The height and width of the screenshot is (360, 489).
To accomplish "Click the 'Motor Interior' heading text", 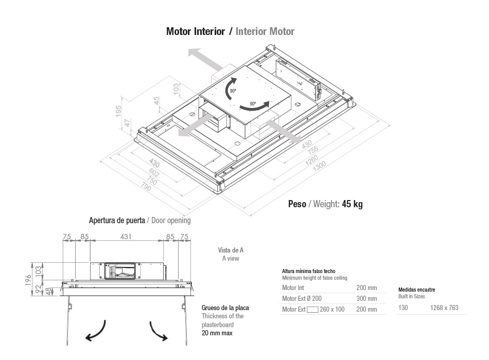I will pyautogui.click(x=195, y=31).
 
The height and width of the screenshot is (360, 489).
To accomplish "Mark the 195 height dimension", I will pyautogui.click(x=118, y=112).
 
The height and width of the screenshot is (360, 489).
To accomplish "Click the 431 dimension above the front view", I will pyautogui.click(x=126, y=237).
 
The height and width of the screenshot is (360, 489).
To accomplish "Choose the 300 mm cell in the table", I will pyautogui.click(x=366, y=298).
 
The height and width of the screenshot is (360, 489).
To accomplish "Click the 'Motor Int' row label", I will pyautogui.click(x=293, y=287).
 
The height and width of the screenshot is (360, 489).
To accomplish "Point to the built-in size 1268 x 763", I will pyautogui.click(x=444, y=308).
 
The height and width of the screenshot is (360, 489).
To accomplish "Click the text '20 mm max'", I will pyautogui.click(x=217, y=333).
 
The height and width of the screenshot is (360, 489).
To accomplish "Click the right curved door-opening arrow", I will pyautogui.click(x=158, y=331).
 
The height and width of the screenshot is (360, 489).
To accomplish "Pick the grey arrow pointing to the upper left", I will pyautogui.click(x=205, y=59).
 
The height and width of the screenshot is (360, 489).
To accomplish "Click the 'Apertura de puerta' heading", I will pyautogui.click(x=117, y=220).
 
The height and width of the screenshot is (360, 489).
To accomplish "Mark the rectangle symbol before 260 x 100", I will pyautogui.click(x=312, y=310).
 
